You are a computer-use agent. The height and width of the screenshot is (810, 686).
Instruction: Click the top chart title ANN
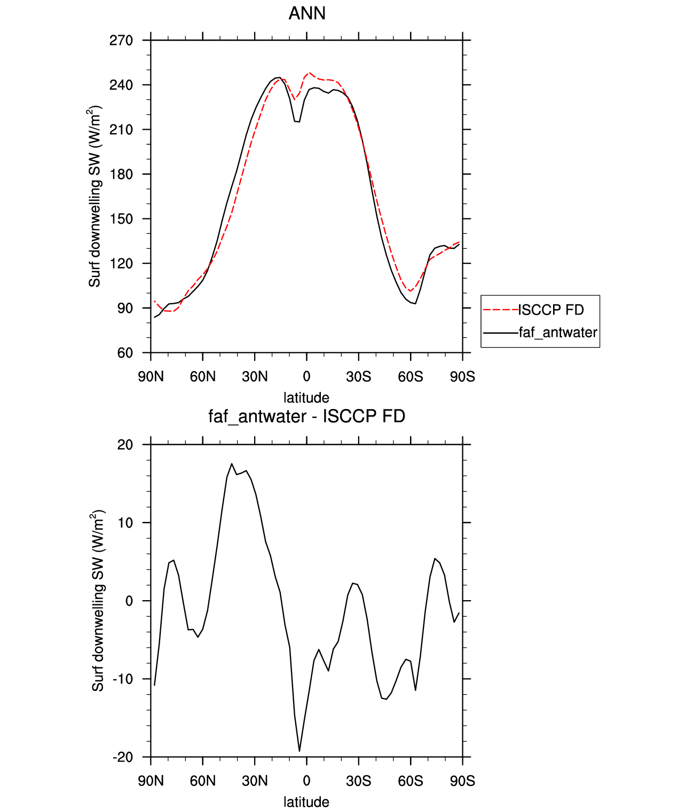click(307, 13)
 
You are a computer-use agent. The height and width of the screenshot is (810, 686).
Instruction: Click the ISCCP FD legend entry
click(551, 310)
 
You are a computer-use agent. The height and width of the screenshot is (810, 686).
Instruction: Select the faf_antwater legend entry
click(558, 333)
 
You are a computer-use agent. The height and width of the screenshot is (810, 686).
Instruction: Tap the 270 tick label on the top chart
click(121, 41)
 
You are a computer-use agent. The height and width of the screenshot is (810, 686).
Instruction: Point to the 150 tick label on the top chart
click(121, 219)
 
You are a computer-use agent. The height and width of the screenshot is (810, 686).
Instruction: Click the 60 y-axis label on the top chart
click(125, 353)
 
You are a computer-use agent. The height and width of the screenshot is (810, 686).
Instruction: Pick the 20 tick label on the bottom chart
click(125, 445)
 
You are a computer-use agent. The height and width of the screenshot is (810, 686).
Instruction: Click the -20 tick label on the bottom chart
click(123, 757)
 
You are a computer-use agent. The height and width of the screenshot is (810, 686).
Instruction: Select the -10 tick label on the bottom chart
click(123, 679)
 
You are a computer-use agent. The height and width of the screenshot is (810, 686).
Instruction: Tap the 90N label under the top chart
click(151, 377)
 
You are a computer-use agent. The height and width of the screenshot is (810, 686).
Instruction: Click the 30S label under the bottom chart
click(358, 781)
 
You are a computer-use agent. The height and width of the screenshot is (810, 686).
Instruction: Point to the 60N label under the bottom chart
click(203, 781)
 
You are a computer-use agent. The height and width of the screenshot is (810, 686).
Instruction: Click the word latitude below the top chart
click(306, 398)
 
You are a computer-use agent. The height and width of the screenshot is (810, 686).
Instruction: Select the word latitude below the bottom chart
click(306, 802)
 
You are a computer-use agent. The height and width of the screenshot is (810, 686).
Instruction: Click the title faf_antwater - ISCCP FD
click(307, 416)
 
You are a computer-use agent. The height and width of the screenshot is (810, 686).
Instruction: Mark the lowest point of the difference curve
click(299, 751)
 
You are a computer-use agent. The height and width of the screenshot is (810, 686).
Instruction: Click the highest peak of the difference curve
click(232, 464)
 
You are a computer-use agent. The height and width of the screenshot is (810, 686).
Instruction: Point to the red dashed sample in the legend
click(500, 310)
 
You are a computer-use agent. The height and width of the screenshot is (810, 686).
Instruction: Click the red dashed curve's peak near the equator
click(310, 73)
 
